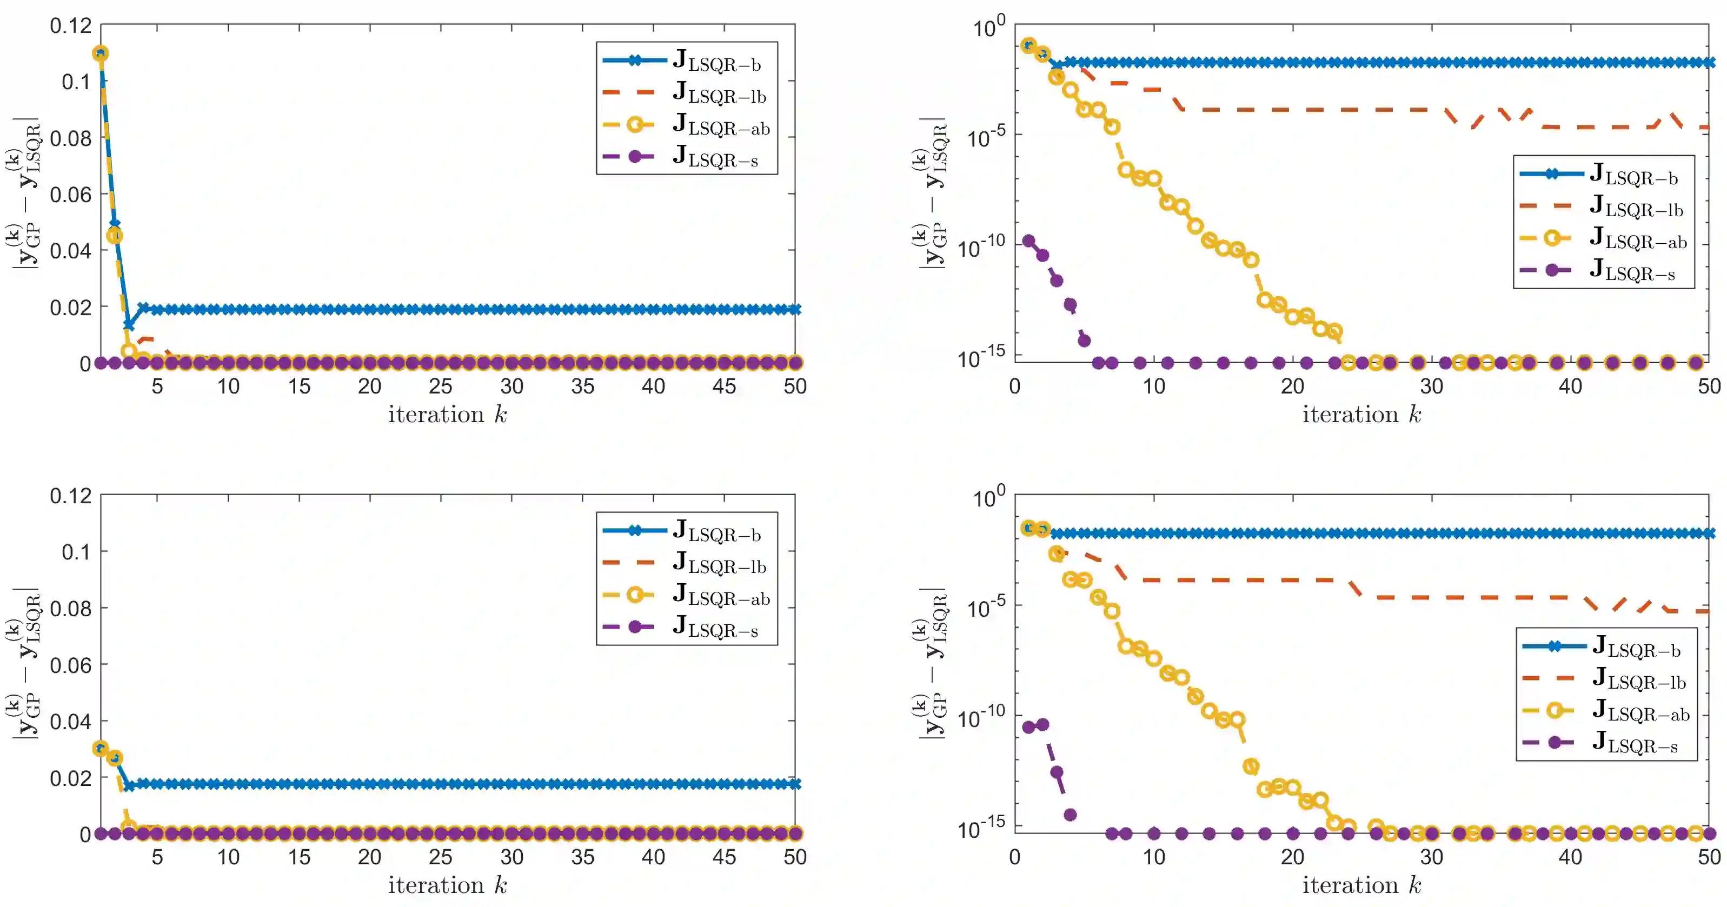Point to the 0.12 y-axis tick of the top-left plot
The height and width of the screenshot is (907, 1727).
tap(71, 26)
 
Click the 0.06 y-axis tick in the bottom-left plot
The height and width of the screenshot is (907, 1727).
tap(71, 665)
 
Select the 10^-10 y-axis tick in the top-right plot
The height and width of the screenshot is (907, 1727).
tap(982, 246)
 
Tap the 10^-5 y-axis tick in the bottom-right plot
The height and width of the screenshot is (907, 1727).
tap(986, 606)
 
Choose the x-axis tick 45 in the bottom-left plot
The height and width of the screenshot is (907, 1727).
tap(724, 857)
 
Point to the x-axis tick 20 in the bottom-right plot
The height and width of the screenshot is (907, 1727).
tap(1293, 857)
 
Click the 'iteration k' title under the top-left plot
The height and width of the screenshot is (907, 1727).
tap(447, 415)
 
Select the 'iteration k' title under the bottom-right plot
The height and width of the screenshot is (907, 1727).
tap(1361, 885)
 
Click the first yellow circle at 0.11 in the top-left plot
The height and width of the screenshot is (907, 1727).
tap(101, 54)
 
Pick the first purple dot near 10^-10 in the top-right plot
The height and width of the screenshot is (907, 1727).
tap(1029, 241)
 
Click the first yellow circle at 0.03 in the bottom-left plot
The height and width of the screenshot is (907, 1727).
tap(101, 748)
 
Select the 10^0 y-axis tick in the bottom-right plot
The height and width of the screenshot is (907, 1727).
tap(989, 497)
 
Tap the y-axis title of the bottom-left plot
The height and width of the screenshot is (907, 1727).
tap(25, 664)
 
